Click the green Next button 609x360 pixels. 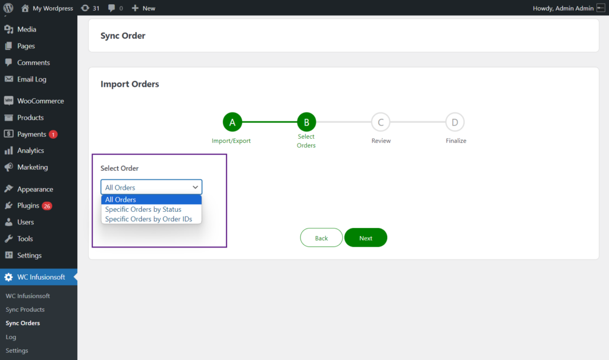tap(366, 237)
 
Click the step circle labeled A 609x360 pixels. tap(233, 122)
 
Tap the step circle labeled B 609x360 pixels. tap(306, 122)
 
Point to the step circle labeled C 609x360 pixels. tap(381, 122)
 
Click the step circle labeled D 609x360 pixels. tap(455, 122)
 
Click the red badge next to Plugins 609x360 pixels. tap(47, 206)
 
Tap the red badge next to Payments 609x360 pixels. tap(53, 134)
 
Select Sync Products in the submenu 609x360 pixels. tap(25, 309)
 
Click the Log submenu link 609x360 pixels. tap(11, 337)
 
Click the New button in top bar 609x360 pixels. tap(143, 8)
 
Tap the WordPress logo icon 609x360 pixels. tap(8, 8)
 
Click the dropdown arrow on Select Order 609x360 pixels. tap(195, 187)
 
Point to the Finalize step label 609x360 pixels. tap(456, 141)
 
